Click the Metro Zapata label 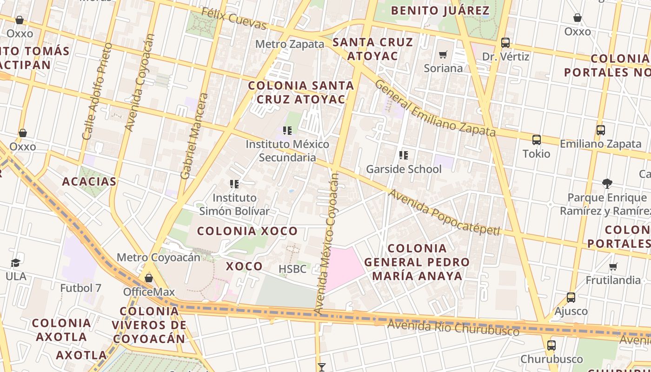tap(290, 44)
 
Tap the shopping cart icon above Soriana tap(443, 55)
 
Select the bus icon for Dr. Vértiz tap(505, 43)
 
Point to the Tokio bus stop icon tap(536, 139)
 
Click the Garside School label tap(404, 169)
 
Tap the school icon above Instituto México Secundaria tap(287, 131)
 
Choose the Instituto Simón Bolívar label tap(234, 204)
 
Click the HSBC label tap(292, 269)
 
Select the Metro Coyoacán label tap(158, 257)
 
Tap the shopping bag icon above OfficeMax tap(149, 278)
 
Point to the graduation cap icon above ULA tap(15, 263)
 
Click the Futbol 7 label tap(80, 288)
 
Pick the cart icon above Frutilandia tap(613, 267)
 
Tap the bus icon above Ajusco tap(571, 298)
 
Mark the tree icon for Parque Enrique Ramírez tap(607, 184)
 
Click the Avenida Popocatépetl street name tap(444, 213)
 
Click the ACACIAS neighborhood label tap(89, 181)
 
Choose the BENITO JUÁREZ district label tap(440, 11)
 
